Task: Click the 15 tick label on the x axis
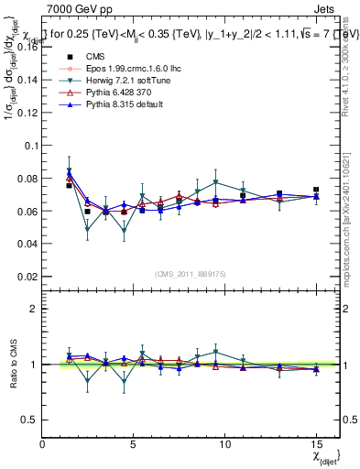pos(316,444)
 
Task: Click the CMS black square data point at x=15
pos(316,189)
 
